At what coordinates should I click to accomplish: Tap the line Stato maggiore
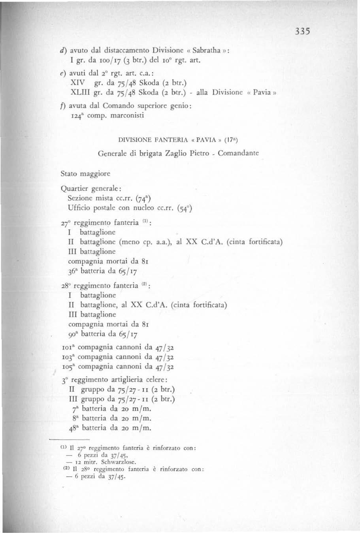tap(85, 173)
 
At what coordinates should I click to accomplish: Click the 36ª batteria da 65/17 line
tap(103, 271)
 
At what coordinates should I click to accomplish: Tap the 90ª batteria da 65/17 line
tap(103, 334)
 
